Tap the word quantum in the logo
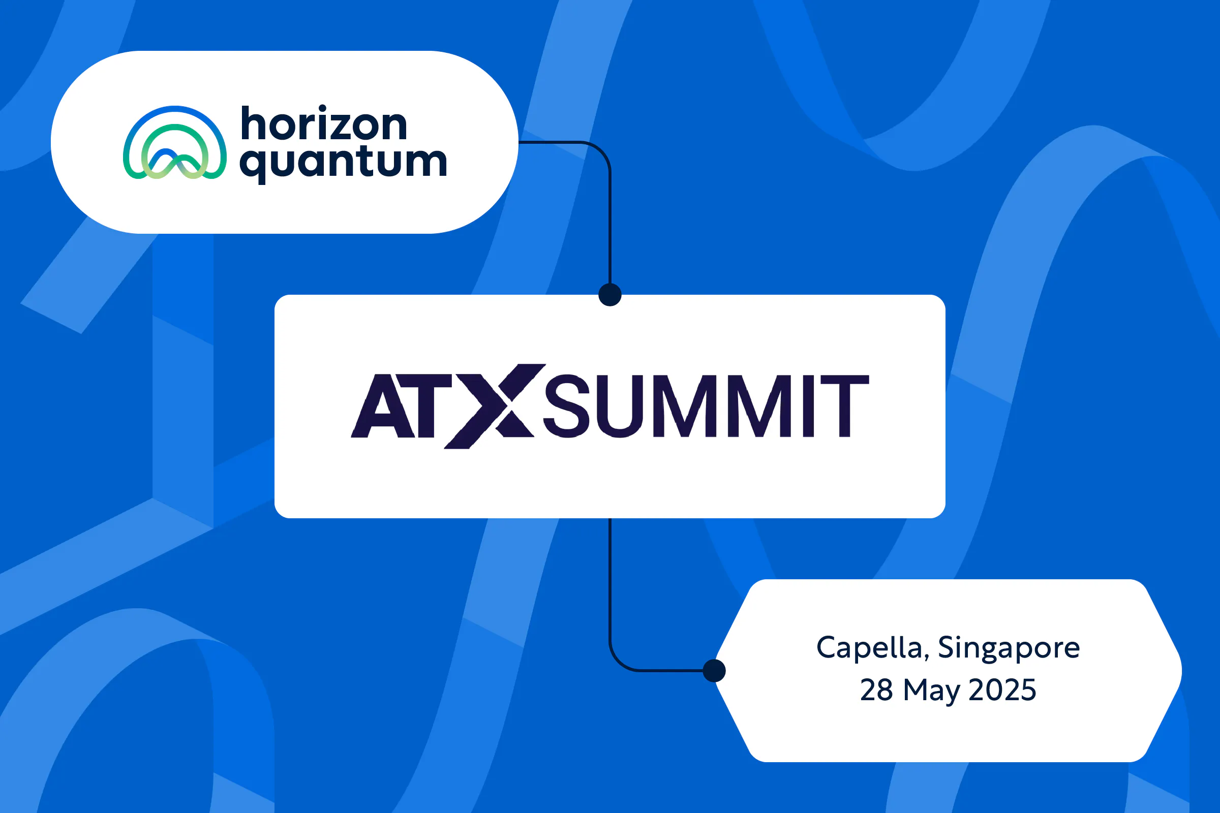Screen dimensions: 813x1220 pos(344,163)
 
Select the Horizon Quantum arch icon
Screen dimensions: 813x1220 pos(175,143)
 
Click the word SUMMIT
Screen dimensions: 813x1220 pos(706,406)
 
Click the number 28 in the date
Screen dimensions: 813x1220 pos(876,690)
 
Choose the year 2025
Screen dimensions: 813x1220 pos(1002,690)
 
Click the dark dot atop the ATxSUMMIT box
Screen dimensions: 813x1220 pos(610,295)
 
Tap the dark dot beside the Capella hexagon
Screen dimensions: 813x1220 pos(714,671)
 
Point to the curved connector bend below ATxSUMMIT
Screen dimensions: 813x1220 pos(619,661)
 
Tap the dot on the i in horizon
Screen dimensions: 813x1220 pos(323,109)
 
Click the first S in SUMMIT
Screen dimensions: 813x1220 pos(566,406)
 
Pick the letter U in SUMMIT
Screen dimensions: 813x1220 pos(620,406)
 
